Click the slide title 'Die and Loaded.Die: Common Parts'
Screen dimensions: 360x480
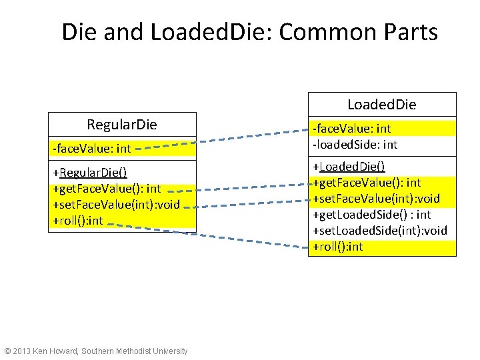point(249,32)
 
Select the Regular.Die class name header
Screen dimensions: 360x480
point(122,125)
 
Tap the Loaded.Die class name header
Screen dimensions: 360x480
point(381,105)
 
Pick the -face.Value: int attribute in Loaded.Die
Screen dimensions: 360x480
point(352,128)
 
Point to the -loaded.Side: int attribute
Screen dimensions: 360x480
point(355,144)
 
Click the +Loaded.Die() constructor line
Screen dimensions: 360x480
point(349,166)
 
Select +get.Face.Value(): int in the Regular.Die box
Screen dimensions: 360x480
point(107,189)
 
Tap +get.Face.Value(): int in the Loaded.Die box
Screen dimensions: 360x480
point(367,182)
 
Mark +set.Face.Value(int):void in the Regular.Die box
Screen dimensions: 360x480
point(116,205)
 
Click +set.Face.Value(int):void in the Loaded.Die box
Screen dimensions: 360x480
point(377,198)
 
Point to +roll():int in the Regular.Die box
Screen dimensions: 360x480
point(78,221)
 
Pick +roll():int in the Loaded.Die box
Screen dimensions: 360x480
point(338,247)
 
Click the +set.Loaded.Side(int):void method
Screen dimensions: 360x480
point(380,231)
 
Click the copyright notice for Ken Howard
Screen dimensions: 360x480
point(96,351)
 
